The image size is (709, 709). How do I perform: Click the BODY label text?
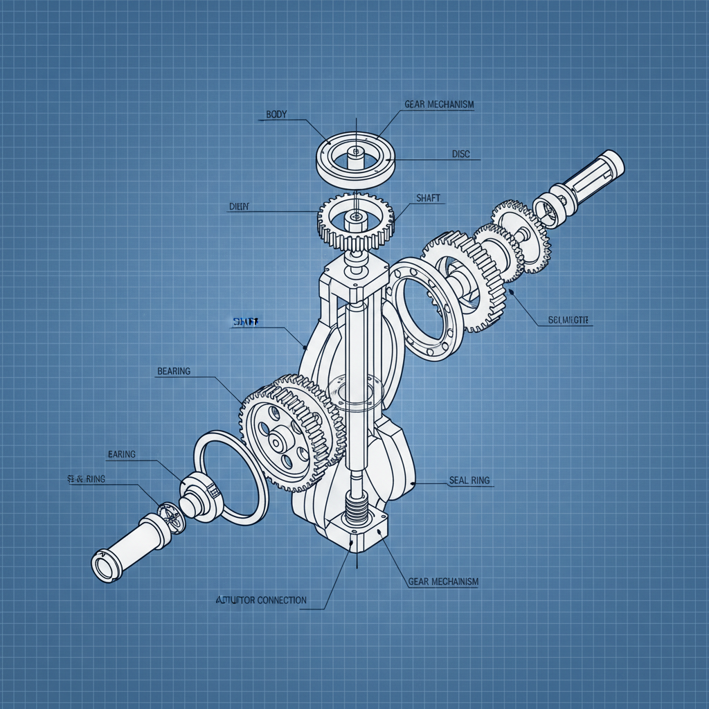pyautogui.click(x=276, y=114)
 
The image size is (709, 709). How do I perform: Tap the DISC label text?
pyautogui.click(x=460, y=154)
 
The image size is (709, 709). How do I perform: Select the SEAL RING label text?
pyautogui.click(x=469, y=481)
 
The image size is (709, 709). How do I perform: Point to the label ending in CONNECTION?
pyautogui.click(x=262, y=600)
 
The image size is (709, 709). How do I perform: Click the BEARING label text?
pyautogui.click(x=174, y=372)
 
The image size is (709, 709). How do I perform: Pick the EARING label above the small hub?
pyautogui.click(x=122, y=455)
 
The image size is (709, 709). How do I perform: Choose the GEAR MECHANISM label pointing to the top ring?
pyautogui.click(x=439, y=105)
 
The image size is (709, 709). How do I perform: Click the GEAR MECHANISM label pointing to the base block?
pyautogui.click(x=443, y=582)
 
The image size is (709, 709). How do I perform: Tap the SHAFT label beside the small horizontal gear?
pyautogui.click(x=428, y=198)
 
